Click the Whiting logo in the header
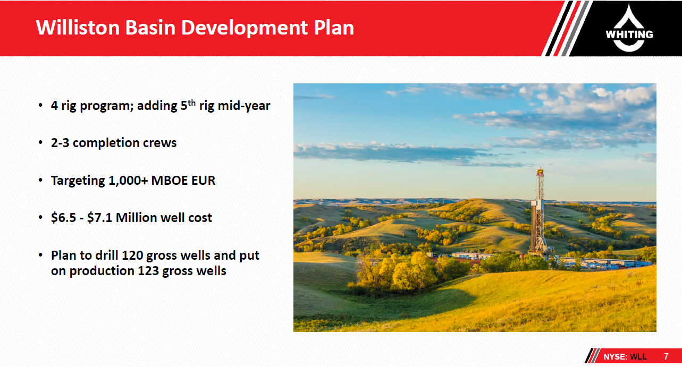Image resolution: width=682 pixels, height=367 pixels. [x=629, y=29]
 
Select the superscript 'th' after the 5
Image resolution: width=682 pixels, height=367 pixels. [x=191, y=103]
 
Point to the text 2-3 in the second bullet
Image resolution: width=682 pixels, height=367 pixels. [x=60, y=143]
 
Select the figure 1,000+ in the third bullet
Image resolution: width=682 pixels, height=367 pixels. [x=128, y=181]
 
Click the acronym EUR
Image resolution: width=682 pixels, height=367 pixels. [x=204, y=181]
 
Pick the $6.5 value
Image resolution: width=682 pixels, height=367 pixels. [x=63, y=218]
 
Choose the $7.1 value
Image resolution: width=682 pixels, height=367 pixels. [x=99, y=218]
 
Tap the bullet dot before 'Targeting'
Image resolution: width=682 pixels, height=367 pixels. [x=40, y=181]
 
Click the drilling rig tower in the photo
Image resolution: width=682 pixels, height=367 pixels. [x=540, y=213]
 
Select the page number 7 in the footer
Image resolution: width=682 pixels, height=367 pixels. [x=666, y=356]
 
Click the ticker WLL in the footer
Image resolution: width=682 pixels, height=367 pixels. [x=638, y=357]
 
